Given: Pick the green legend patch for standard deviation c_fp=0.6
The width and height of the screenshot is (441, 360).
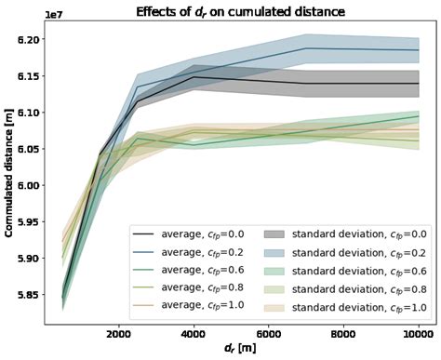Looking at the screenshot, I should (279, 272).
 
